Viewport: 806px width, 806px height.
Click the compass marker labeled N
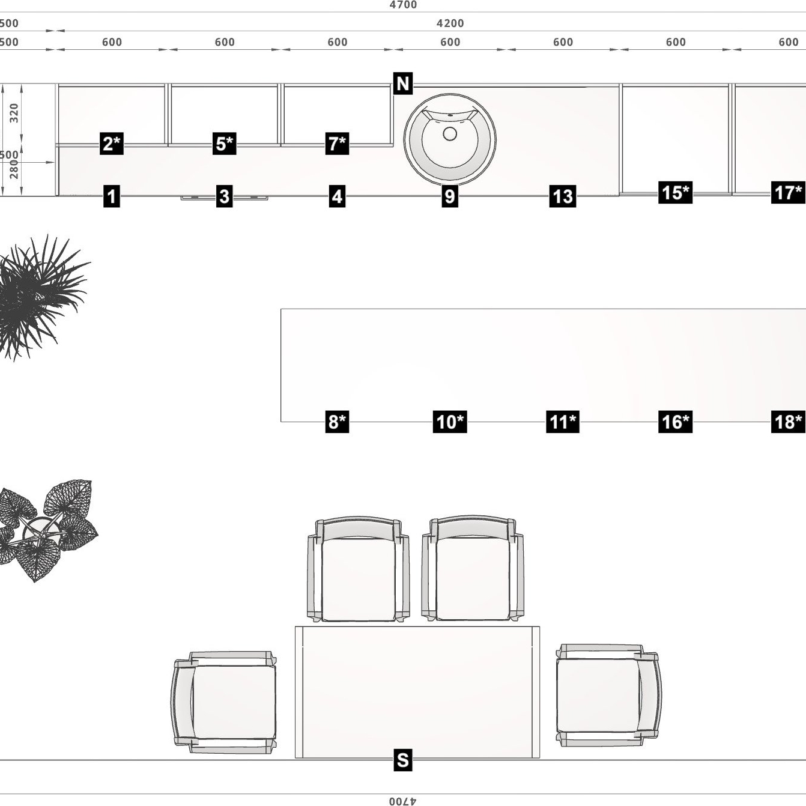pyautogui.click(x=402, y=83)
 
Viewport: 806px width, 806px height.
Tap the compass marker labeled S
pyautogui.click(x=402, y=760)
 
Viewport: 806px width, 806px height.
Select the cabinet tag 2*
pyautogui.click(x=111, y=144)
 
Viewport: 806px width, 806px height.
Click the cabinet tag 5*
pyautogui.click(x=224, y=144)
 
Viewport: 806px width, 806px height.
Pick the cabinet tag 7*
pyautogui.click(x=337, y=144)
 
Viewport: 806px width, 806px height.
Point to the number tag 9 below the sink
pyautogui.click(x=450, y=196)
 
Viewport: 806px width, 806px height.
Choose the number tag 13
pyautogui.click(x=563, y=196)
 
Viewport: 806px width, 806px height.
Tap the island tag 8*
pyautogui.click(x=337, y=421)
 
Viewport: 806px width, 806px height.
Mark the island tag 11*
pyautogui.click(x=563, y=421)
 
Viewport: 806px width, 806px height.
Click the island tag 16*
pyautogui.click(x=675, y=421)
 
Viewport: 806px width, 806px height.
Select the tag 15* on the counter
pyautogui.click(x=675, y=192)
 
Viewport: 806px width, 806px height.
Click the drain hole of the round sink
pyautogui.click(x=450, y=134)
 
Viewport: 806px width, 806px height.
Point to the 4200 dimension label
pyautogui.click(x=450, y=23)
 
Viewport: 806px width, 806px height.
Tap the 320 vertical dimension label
pyautogui.click(x=14, y=113)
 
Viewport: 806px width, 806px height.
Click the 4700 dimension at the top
pyautogui.click(x=403, y=5)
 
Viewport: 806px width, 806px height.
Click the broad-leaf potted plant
pyautogui.click(x=47, y=530)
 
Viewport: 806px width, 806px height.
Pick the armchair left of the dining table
pyautogui.click(x=224, y=702)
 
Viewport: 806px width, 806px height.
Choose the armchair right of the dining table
pyautogui.click(x=608, y=695)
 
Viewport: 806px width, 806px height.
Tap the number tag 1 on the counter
pyautogui.click(x=111, y=196)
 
